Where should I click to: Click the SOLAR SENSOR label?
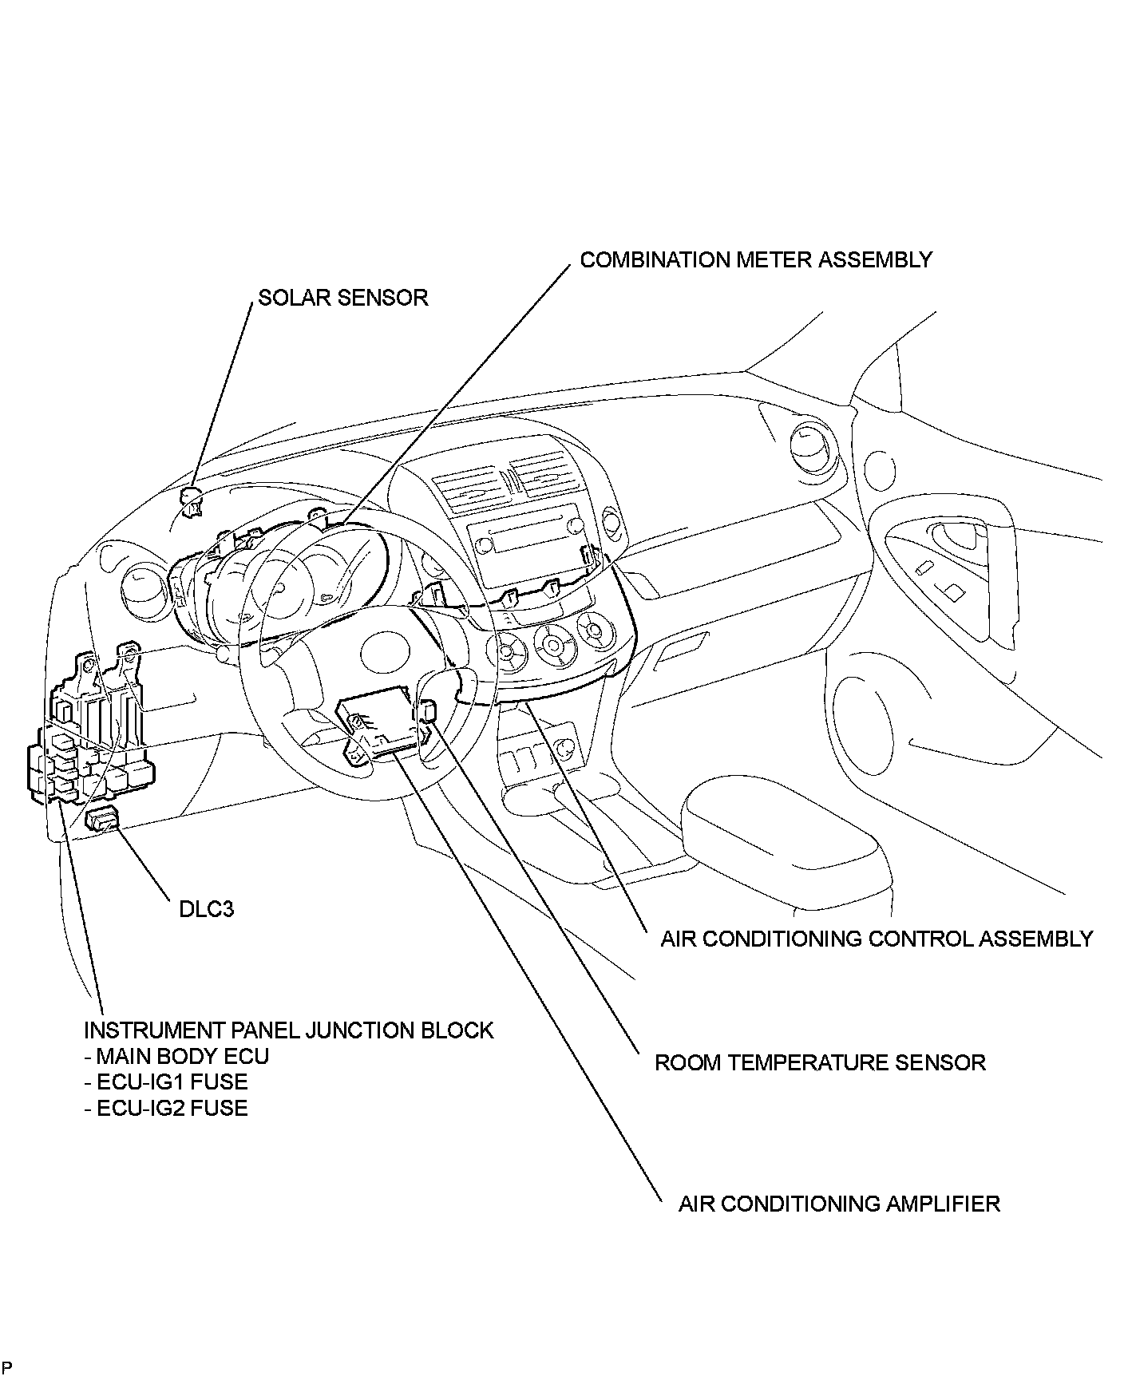[x=342, y=298]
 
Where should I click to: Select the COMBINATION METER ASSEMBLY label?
[x=755, y=260]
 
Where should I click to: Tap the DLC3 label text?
[x=206, y=909]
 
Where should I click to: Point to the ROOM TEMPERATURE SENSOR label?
[x=820, y=1062]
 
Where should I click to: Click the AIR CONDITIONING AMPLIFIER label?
[x=838, y=1204]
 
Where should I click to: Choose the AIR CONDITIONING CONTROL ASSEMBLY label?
[x=876, y=939]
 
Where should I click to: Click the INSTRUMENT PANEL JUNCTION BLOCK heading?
[x=289, y=1030]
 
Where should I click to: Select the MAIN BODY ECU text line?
[x=176, y=1056]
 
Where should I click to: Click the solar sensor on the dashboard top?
[x=192, y=501]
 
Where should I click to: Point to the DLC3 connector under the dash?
[x=101, y=819]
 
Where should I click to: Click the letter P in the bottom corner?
[x=6, y=1370]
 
